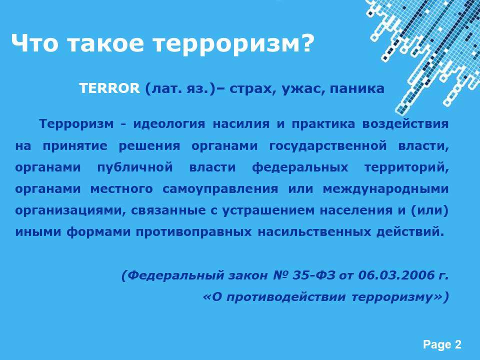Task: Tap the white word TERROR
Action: [109, 88]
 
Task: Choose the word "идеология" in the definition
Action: [169, 124]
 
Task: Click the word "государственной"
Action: [328, 145]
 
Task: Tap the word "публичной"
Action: [135, 167]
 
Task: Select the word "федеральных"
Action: [300, 167]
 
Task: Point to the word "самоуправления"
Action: [220, 189]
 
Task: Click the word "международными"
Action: [385, 189]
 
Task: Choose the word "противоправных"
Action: [194, 232]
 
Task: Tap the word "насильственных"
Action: [314, 232]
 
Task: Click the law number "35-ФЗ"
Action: [313, 275]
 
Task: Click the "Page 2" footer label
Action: [442, 344]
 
